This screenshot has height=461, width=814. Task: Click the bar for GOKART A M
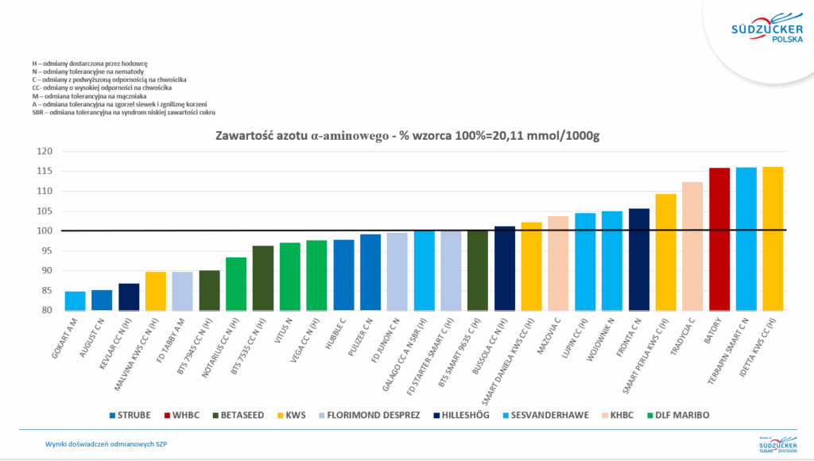(x=75, y=300)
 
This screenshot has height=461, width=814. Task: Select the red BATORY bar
(x=719, y=238)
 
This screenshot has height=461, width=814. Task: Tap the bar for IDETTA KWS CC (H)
(x=773, y=238)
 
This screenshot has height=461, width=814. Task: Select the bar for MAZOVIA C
(x=558, y=262)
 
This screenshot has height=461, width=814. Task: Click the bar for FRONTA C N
(x=639, y=259)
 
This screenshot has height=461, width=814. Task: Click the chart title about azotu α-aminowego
(x=407, y=136)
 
